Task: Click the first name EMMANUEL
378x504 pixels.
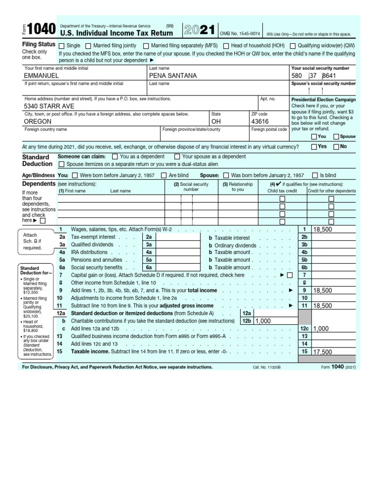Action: click(41, 76)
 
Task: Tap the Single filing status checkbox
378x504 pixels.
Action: click(62, 46)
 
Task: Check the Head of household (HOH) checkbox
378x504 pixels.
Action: click(225, 46)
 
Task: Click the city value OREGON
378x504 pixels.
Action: click(39, 121)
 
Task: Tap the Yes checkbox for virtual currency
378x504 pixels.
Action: click(314, 147)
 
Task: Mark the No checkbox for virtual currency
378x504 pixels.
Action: click(337, 147)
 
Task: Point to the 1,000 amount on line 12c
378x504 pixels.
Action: click(320, 329)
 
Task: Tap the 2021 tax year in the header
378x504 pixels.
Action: click(199, 31)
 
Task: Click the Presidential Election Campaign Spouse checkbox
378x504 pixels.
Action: click(336, 137)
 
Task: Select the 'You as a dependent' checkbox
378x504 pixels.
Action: click(115, 157)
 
